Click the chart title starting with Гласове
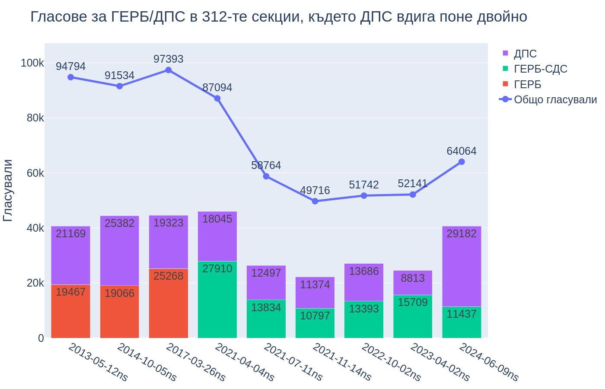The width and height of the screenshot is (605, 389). point(279,17)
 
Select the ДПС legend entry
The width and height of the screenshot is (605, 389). point(525,54)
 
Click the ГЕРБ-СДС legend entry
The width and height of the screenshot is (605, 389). point(540,69)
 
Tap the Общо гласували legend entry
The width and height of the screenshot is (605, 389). point(555,100)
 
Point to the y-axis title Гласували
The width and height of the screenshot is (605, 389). point(8,190)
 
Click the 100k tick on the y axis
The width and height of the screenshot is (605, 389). point(32,63)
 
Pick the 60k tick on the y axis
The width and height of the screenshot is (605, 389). point(35,173)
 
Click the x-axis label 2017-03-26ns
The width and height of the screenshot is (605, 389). point(196,362)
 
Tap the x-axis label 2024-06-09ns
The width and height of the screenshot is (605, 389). point(489,362)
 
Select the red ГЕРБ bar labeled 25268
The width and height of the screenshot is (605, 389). point(169,303)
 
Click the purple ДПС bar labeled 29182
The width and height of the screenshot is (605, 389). point(462,266)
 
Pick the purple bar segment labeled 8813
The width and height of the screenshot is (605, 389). point(413,283)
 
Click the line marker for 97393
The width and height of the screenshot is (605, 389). point(169,70)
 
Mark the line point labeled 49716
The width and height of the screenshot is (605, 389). point(315,201)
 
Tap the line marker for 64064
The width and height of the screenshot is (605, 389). point(462,162)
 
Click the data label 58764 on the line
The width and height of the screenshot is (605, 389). point(266,166)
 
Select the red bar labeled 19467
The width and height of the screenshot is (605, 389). point(71,311)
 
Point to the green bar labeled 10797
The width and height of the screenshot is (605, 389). point(315,323)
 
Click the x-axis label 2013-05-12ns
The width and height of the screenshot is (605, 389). point(98,362)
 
